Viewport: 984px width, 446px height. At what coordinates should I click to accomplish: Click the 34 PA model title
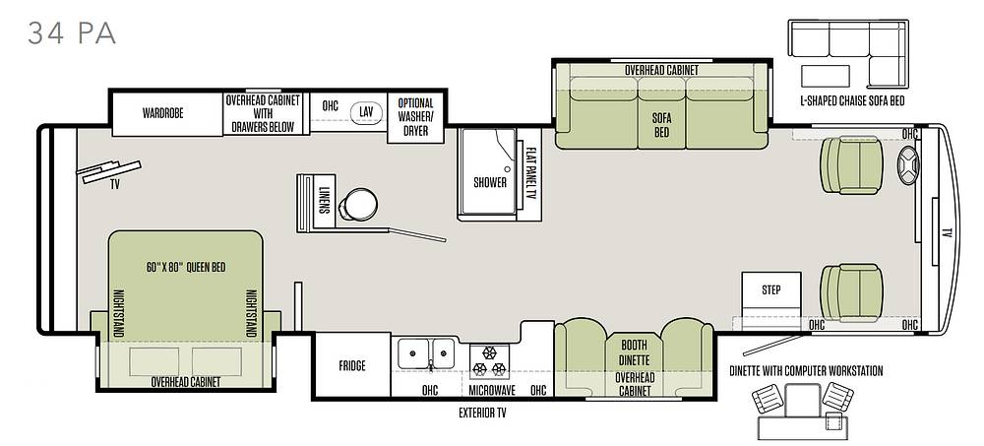click(x=72, y=33)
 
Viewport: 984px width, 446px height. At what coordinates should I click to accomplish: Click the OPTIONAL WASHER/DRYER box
click(x=415, y=117)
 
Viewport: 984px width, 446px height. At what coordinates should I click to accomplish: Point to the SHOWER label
click(x=490, y=183)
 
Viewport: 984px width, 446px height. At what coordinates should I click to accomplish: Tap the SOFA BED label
click(x=661, y=125)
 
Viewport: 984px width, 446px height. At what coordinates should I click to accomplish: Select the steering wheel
click(x=908, y=164)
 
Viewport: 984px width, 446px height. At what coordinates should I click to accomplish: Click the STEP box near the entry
click(x=770, y=290)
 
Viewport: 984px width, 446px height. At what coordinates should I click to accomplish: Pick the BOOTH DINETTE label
click(x=634, y=352)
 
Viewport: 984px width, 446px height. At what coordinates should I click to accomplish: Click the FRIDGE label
click(x=351, y=365)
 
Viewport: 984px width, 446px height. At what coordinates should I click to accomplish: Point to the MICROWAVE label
click(x=492, y=390)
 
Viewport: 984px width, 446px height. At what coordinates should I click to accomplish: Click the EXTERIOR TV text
click(x=482, y=413)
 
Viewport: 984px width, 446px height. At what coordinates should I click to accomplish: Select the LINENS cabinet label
click(x=325, y=201)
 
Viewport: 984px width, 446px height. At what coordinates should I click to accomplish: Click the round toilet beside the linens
click(x=358, y=204)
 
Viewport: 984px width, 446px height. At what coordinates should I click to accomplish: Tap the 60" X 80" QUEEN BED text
click(x=186, y=267)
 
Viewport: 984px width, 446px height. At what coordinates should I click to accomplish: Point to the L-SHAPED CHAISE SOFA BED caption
click(x=852, y=100)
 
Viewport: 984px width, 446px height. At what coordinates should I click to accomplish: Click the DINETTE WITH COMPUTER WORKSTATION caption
click(x=806, y=370)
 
